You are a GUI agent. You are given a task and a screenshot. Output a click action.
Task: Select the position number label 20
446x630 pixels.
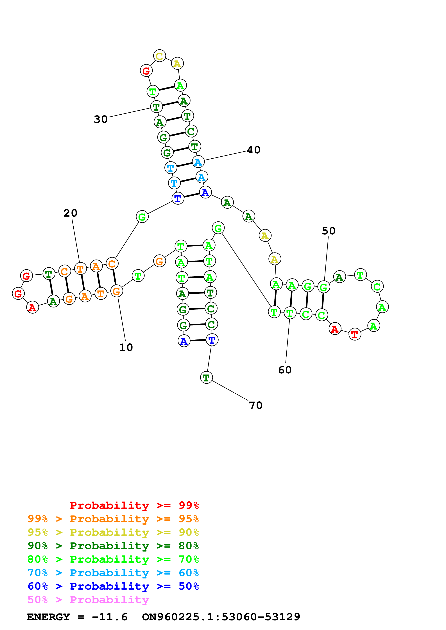70,213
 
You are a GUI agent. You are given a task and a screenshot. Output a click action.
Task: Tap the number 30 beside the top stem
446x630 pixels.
101,119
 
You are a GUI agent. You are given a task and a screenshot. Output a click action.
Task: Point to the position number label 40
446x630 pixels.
253,150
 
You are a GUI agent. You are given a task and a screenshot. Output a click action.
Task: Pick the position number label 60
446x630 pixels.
285,370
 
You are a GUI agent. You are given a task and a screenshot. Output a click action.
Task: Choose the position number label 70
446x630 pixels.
255,405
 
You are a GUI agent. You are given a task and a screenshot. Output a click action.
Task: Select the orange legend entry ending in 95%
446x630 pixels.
113,519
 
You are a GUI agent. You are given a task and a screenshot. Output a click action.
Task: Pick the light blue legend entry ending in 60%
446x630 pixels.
113,573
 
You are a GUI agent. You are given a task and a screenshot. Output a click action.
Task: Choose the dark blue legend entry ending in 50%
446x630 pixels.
113,586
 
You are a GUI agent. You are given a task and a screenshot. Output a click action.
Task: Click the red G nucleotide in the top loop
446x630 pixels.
146,71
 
